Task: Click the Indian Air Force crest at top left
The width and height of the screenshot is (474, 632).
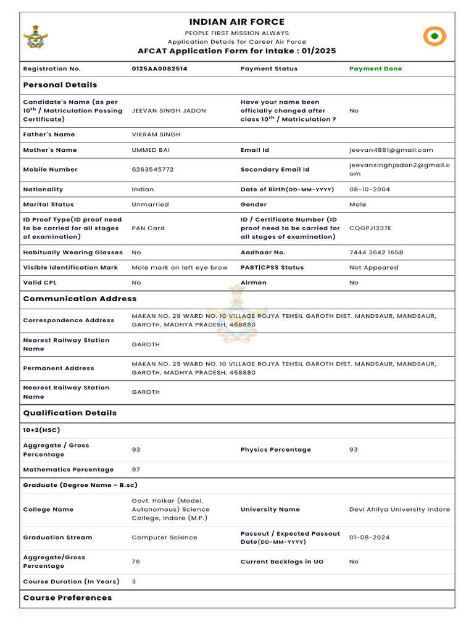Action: [x=35, y=37]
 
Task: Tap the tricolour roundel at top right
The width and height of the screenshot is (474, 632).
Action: [x=434, y=36]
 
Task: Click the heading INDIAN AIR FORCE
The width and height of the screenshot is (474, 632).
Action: [x=237, y=22]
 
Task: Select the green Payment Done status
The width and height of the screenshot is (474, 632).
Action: [x=375, y=69]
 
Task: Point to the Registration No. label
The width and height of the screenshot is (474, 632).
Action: [x=52, y=69]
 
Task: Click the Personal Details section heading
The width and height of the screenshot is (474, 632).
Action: [x=60, y=85]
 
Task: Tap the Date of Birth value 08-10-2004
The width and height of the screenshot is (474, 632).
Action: [x=370, y=189]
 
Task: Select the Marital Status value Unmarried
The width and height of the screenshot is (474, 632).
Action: [x=150, y=204]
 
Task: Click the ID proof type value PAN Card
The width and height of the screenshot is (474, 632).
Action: [x=148, y=228]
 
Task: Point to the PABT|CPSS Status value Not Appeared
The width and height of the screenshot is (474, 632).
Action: [x=373, y=267]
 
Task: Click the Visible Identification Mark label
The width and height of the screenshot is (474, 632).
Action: [x=70, y=267]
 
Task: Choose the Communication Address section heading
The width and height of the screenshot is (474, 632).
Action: [x=80, y=299]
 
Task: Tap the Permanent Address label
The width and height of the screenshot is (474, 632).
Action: [x=59, y=368]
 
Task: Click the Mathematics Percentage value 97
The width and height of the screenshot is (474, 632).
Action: [x=136, y=470]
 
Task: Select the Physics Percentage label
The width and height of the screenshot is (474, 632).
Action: [x=275, y=449]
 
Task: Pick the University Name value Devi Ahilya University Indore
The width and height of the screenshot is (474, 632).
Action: [x=399, y=509]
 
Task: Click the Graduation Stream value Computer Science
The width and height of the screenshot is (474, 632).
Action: [x=164, y=537]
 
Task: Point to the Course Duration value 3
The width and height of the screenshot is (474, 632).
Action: [x=134, y=581]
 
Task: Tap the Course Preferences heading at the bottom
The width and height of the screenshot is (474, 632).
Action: [x=67, y=597]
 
